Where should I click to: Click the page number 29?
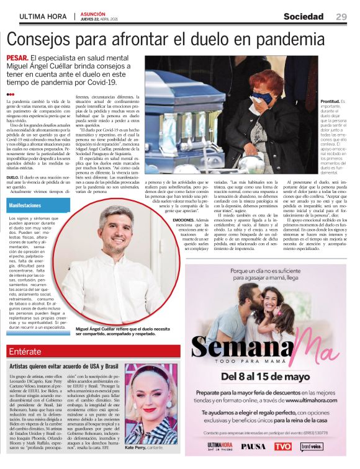point(341,16)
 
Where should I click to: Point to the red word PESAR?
point(20,58)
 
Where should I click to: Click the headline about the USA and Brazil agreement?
point(73,367)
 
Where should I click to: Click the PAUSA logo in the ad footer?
point(254,446)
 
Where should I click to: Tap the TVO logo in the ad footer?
point(282,446)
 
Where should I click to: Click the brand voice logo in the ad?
point(312,446)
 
